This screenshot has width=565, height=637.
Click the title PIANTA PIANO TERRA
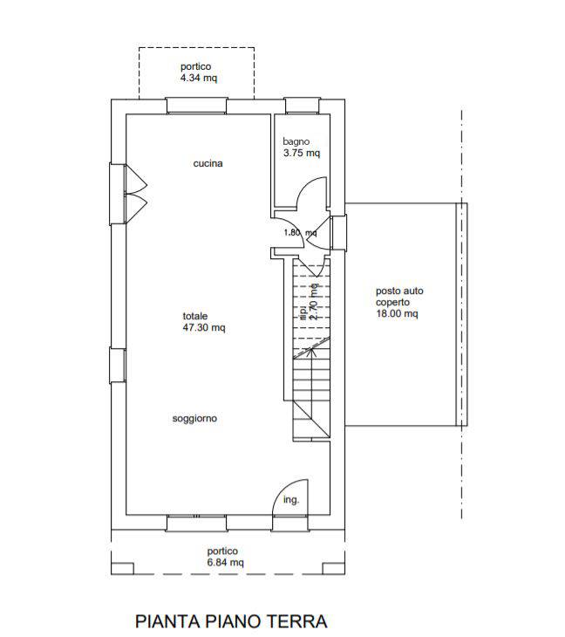tap(231, 621)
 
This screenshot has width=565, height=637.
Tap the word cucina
tap(208, 163)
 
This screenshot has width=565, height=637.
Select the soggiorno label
tap(194, 419)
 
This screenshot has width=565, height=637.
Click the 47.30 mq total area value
tap(204, 327)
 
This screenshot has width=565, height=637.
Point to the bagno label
tap(296, 141)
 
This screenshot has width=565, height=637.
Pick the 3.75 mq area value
tap(302, 154)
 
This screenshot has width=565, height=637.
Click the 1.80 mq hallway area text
tap(300, 233)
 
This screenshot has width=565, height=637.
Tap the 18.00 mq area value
tap(397, 313)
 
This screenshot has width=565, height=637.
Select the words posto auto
tap(399, 291)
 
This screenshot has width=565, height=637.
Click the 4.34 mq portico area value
tap(199, 78)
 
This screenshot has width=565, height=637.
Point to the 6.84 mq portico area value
tap(225, 562)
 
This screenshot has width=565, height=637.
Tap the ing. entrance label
tap(290, 500)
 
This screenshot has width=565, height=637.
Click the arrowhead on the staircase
tap(311, 352)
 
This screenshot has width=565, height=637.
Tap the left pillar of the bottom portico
tap(122, 568)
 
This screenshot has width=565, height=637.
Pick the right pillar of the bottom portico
tap(334, 568)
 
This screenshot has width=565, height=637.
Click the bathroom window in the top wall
tap(303, 106)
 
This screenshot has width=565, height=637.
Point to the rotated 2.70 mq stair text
tap(314, 302)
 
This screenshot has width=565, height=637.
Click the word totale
tap(194, 316)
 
